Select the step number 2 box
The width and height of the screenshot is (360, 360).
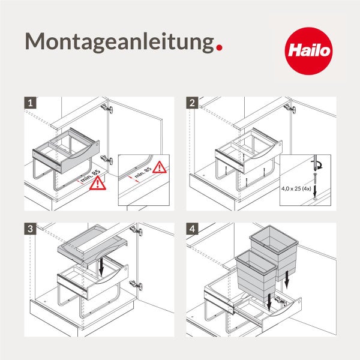pyautogui.click(x=192, y=103)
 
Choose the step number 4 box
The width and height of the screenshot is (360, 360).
pyautogui.click(x=192, y=229)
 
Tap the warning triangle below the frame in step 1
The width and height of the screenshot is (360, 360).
pyautogui.click(x=95, y=185)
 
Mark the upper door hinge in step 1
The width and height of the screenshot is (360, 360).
pyautogui.click(x=106, y=109)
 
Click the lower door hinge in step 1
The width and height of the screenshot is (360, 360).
pyautogui.click(x=106, y=160)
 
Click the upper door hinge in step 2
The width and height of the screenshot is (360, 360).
pyautogui.click(x=290, y=109)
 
